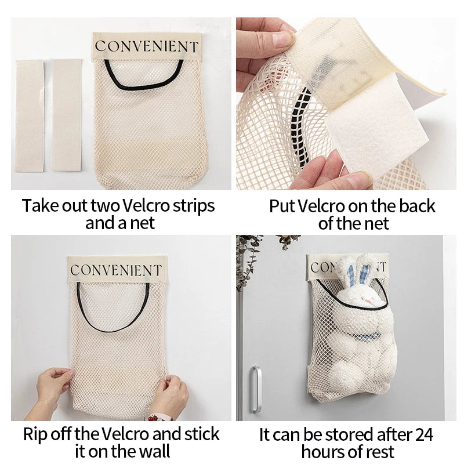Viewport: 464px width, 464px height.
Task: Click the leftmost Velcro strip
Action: [30, 115]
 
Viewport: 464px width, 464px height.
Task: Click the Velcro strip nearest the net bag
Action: [67, 115]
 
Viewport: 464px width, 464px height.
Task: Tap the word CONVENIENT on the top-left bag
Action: [147, 46]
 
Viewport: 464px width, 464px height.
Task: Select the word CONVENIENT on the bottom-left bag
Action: [116, 270]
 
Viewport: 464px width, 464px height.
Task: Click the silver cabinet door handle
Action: [256, 389]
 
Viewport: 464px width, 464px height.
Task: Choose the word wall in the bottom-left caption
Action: [154, 451]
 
